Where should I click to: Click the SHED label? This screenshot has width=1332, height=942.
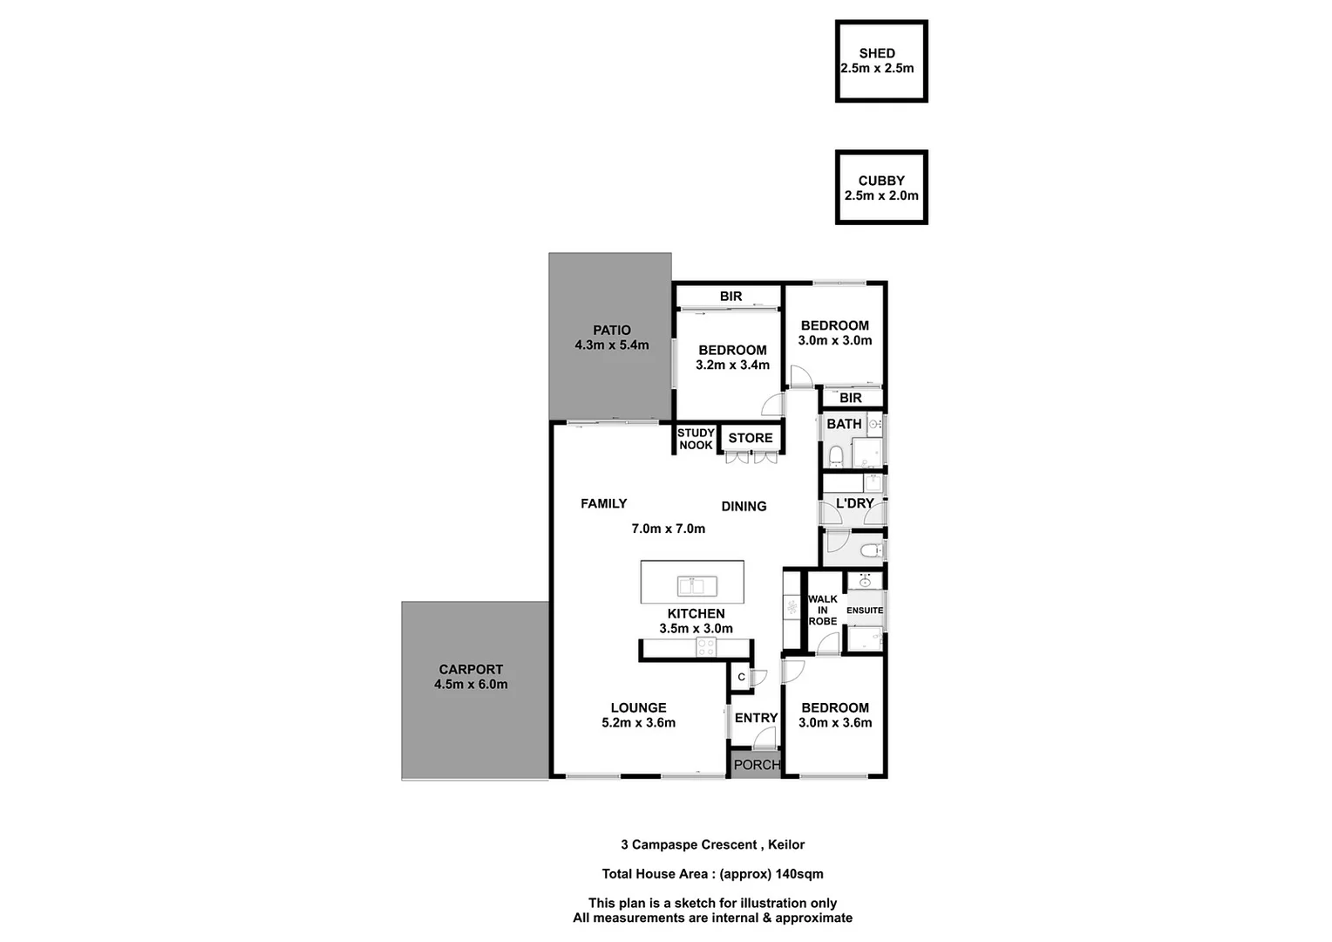[x=876, y=53]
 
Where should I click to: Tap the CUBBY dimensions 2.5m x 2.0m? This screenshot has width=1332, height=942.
[x=881, y=195]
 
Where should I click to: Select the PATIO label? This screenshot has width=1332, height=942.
[x=612, y=330]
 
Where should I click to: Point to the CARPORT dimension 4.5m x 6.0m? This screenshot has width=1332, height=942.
[x=471, y=685]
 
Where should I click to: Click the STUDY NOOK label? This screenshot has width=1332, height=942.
[x=696, y=439]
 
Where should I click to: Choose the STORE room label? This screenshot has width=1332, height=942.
[x=751, y=438]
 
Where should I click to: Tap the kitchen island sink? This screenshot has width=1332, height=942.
[x=697, y=585]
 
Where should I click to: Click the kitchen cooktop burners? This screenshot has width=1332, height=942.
[x=705, y=647]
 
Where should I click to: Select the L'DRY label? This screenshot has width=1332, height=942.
[x=854, y=503]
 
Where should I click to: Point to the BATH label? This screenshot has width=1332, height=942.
[x=844, y=424]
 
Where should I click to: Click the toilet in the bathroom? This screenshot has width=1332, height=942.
[x=835, y=454]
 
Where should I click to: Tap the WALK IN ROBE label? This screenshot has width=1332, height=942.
[x=822, y=610]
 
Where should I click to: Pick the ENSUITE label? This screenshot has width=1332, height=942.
[x=865, y=611]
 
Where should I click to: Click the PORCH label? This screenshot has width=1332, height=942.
[x=757, y=764]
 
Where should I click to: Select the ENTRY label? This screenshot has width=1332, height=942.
[x=756, y=718]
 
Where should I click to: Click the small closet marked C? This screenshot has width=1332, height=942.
[x=741, y=677]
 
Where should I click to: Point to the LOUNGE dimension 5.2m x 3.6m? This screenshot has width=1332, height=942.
[x=638, y=722]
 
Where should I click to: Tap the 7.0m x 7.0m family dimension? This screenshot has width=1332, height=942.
[x=669, y=529]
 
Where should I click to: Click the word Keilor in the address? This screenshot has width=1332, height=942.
[x=786, y=844]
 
